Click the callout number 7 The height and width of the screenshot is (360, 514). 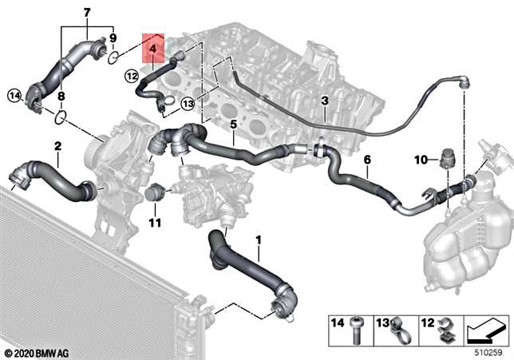[87, 11]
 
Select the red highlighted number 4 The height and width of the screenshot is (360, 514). [152, 49]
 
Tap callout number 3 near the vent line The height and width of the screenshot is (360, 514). [325, 101]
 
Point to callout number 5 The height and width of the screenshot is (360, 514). [234, 125]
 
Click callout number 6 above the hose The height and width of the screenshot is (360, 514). [366, 160]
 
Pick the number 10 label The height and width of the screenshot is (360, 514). [420, 160]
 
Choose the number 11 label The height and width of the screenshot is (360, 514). [155, 221]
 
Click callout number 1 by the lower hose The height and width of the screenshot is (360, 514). [258, 239]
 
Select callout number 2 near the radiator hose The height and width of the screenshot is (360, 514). [57, 146]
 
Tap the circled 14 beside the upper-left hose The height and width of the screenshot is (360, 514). [13, 96]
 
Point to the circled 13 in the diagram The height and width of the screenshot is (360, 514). [188, 102]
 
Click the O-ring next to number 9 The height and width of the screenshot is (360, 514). [114, 57]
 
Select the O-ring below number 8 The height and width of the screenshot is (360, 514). [61, 118]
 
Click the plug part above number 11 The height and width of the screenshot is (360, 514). [156, 193]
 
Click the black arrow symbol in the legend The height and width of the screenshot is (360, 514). [484, 327]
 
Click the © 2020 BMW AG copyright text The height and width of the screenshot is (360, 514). [35, 352]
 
